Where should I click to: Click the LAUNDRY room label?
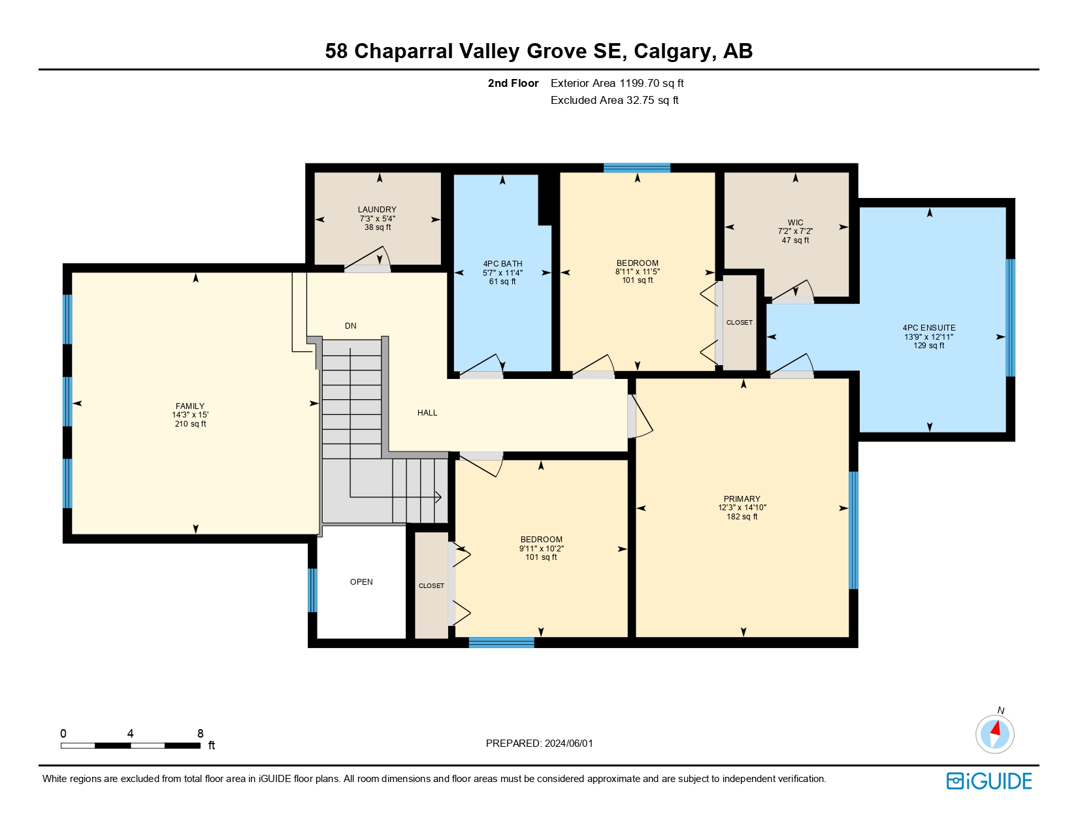[x=377, y=210]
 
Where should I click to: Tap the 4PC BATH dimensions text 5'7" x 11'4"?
[x=502, y=273]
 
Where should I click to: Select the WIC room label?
[x=795, y=223]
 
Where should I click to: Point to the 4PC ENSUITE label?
[x=928, y=328]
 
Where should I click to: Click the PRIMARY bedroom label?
[x=742, y=498]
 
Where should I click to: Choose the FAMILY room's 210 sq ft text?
[x=190, y=424]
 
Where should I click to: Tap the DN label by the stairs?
[x=351, y=326]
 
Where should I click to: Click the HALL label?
[x=427, y=413]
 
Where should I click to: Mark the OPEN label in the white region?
[x=361, y=582]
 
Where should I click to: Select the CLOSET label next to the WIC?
[x=739, y=323]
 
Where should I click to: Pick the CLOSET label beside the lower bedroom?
[x=431, y=586]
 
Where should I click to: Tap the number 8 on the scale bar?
[x=201, y=734]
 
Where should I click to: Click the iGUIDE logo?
[x=989, y=781]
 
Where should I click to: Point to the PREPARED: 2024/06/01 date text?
[x=539, y=743]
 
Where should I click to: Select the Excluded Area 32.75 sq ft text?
[x=614, y=101]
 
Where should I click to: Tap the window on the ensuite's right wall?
[x=1010, y=318]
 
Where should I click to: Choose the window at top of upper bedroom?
[x=637, y=168]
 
